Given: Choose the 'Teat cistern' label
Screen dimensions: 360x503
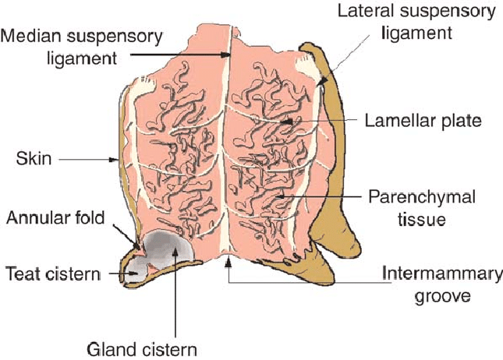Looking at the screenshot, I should pos(52,274).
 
